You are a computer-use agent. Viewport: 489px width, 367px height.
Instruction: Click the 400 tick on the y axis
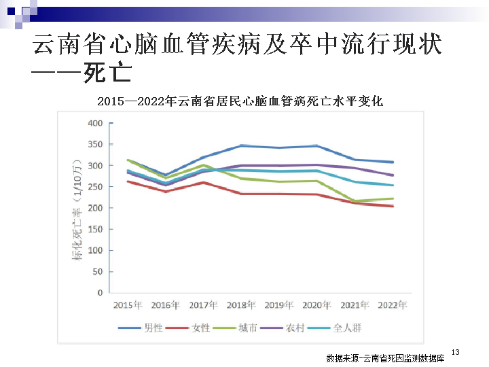tap(94, 123)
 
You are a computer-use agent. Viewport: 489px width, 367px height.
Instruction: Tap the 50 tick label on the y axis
tap(97, 272)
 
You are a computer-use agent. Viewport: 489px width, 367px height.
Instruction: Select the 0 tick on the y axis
tap(100, 293)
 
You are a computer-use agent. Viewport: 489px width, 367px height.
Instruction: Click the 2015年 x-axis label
tap(128, 304)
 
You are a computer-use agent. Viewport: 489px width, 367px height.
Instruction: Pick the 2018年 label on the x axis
tap(241, 304)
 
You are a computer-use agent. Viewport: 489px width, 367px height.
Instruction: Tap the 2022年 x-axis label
tap(393, 304)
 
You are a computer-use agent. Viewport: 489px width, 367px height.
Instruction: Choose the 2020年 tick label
tap(316, 304)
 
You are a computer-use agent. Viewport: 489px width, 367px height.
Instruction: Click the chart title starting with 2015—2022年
tap(240, 102)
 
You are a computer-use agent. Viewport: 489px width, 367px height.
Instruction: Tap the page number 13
tap(456, 351)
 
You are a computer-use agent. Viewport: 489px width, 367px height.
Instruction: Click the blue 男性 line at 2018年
tap(241, 145)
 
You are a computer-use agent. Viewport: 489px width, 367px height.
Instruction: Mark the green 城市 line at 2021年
tap(355, 201)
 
